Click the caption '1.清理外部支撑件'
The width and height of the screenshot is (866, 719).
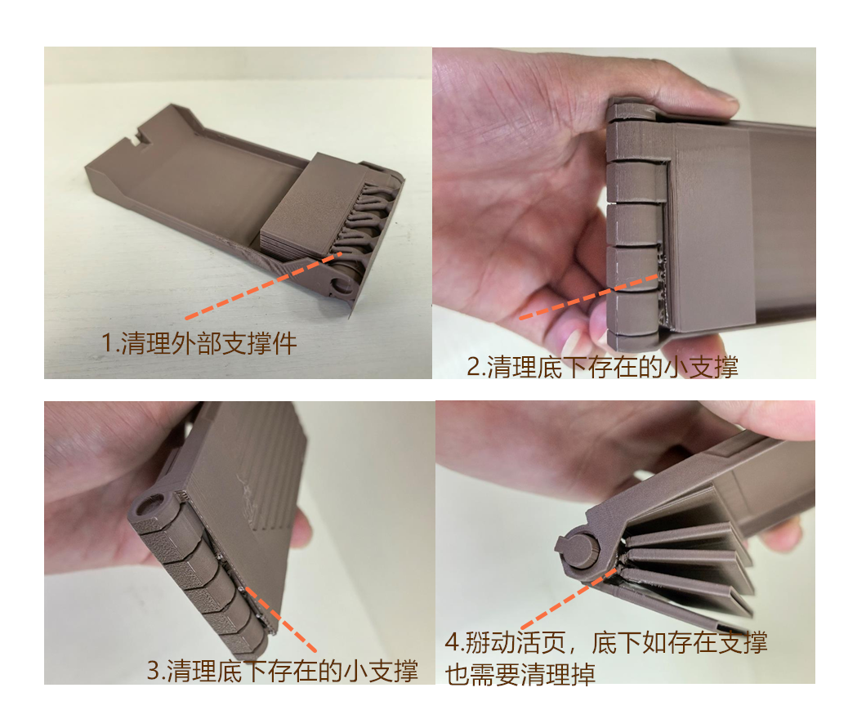(x=199, y=343)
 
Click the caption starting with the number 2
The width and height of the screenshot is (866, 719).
(x=603, y=367)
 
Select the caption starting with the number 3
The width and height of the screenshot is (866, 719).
(x=282, y=671)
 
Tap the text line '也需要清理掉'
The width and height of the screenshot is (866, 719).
(x=520, y=674)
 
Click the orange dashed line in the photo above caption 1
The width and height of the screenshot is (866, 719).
(x=263, y=285)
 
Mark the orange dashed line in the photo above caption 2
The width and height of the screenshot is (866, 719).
(x=589, y=297)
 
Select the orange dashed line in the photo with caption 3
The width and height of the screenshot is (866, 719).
(x=280, y=619)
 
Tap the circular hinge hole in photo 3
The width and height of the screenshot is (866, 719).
(x=146, y=505)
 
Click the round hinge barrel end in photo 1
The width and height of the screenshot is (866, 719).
(x=341, y=284)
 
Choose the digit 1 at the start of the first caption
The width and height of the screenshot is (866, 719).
(x=107, y=343)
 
